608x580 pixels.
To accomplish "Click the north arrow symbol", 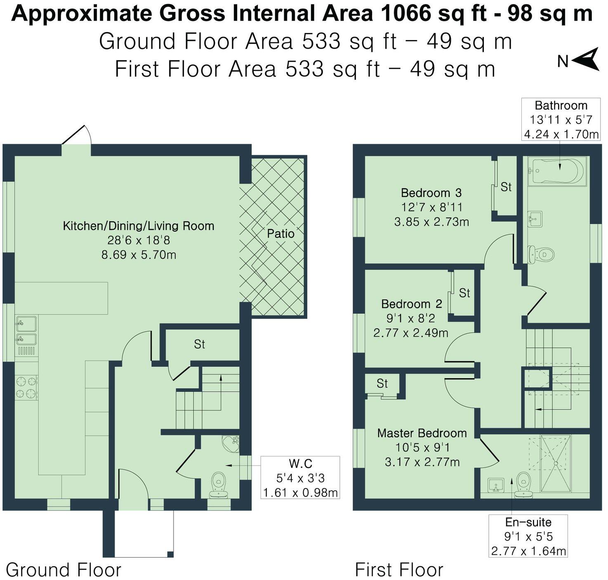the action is [x=586, y=60].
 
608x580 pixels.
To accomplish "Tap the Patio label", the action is [x=280, y=234].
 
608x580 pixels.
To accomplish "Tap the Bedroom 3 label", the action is [x=431, y=193].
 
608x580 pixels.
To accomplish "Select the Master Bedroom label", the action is [x=422, y=433].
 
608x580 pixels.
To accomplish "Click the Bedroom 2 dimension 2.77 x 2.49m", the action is [x=411, y=333].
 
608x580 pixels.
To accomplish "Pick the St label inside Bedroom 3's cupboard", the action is [x=506, y=187].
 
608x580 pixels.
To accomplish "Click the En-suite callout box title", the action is [x=528, y=522].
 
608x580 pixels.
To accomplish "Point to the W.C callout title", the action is [x=301, y=463].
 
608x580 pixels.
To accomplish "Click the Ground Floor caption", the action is [x=64, y=570].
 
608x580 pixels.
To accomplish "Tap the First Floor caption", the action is [x=399, y=570].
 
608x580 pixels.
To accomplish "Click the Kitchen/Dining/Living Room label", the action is [x=139, y=226].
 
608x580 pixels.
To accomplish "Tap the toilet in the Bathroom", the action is [x=541, y=254].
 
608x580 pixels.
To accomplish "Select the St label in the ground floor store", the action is [x=199, y=344].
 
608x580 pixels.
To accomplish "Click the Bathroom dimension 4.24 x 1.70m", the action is [x=561, y=134].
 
